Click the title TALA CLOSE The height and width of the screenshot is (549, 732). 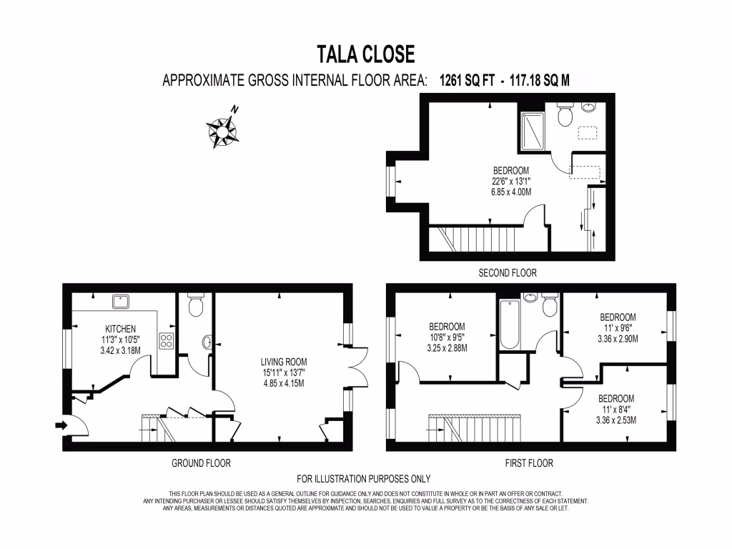(366, 54)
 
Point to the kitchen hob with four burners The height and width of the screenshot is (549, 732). (167, 340)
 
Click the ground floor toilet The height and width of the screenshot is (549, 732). (194, 306)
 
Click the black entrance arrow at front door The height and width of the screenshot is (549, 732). (60, 426)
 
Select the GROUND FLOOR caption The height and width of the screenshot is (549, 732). (201, 463)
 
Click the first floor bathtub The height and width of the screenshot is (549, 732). (508, 324)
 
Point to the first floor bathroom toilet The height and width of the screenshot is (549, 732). (549, 305)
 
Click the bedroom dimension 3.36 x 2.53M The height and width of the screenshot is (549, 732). (615, 420)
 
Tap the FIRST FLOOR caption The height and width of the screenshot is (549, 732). (528, 463)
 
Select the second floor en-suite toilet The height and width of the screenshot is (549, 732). (564, 115)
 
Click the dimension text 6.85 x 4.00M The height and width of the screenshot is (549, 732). (510, 192)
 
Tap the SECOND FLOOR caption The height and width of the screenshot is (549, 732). (507, 272)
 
